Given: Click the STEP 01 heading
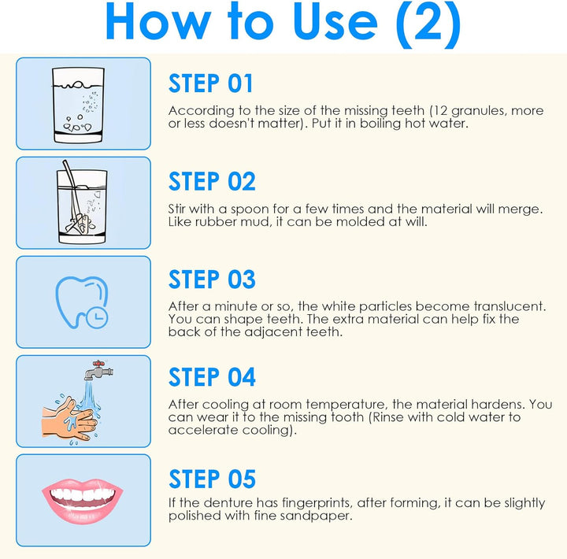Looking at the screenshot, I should pos(211,83).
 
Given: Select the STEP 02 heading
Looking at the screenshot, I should pos(212,181).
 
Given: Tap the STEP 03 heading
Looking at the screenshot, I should pos(212,279).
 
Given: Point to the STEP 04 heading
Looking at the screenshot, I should pos(212,378).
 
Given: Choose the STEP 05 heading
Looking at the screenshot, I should pos(212,479).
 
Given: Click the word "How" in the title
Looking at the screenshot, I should pos(150,24).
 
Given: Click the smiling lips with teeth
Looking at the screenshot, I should pos(83,498).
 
